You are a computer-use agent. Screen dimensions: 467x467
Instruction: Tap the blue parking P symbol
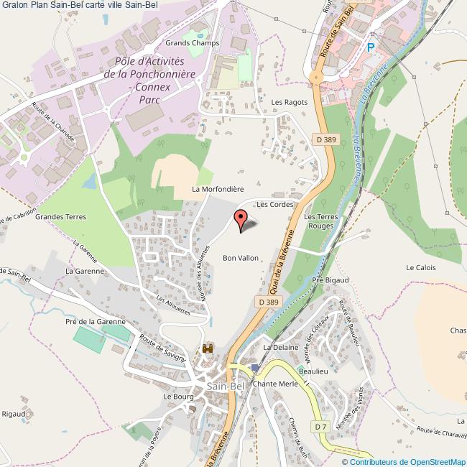click(371, 47)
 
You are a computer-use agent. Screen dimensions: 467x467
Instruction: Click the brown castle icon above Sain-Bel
click(209, 348)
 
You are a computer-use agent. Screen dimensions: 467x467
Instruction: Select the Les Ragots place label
click(289, 102)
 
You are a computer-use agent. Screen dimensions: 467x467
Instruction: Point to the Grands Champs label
click(192, 43)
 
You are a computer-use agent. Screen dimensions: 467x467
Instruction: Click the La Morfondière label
click(214, 190)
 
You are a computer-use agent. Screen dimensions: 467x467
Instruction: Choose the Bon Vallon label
click(240, 257)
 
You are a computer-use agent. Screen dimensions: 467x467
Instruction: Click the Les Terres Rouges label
click(320, 221)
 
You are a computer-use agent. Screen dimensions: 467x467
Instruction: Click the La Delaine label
click(280, 347)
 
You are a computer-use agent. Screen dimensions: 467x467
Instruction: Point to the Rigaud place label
click(14, 414)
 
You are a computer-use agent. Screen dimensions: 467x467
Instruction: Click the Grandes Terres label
click(60, 216)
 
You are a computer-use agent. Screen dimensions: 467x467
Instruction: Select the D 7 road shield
click(320, 427)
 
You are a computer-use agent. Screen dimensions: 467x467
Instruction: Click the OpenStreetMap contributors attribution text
click(403, 461)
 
